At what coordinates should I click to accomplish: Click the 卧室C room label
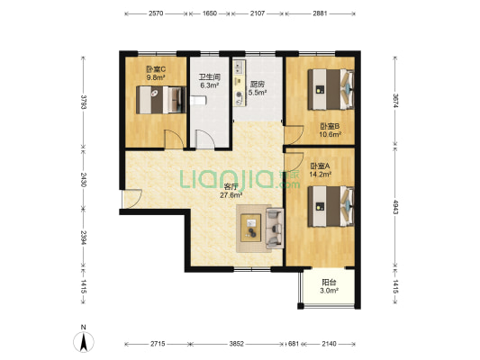(156, 69)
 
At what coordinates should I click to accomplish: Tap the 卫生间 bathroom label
(210, 77)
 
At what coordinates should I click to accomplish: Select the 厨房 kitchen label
(258, 84)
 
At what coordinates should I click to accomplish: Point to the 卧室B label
(331, 126)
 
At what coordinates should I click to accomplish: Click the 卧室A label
(321, 166)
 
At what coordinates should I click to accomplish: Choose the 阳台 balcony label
(329, 283)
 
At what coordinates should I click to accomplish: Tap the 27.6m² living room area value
(231, 195)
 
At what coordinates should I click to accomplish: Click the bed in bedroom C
(161, 100)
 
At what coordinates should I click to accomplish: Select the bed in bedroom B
(331, 90)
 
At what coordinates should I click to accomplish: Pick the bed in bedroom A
(331, 206)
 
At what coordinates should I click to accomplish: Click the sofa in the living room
(275, 229)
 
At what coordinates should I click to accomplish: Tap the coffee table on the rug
(251, 229)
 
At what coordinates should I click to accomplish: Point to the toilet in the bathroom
(198, 100)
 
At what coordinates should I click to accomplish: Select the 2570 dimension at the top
(156, 13)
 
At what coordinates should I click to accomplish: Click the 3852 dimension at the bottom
(237, 344)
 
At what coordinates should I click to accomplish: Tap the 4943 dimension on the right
(395, 207)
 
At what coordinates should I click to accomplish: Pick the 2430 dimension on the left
(83, 179)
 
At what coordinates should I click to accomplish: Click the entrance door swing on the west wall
(132, 199)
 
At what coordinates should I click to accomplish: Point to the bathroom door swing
(204, 139)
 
